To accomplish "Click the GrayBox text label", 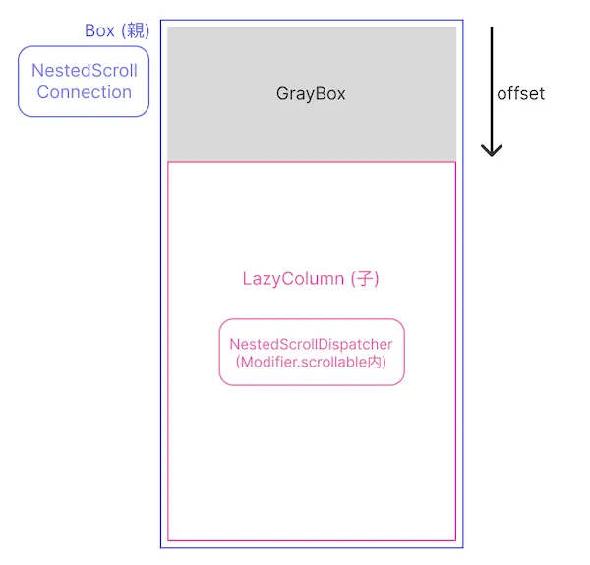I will [311, 94].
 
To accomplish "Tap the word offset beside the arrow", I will [520, 94].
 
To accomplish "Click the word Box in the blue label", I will [99, 30].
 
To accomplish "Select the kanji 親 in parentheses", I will [134, 30].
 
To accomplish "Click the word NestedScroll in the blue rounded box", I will [85, 71].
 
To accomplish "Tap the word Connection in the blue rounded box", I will [85, 92].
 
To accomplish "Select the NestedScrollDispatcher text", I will [311, 344].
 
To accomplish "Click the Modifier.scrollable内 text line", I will [311, 362].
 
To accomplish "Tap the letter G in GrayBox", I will [283, 94].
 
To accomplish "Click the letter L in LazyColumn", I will [247, 279].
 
